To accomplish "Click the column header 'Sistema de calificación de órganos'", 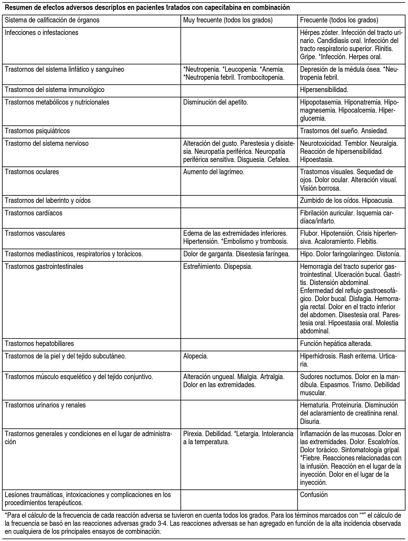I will [x=52, y=20].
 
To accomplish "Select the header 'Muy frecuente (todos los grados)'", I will [x=228, y=20].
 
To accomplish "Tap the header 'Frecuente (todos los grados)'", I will [x=339, y=20].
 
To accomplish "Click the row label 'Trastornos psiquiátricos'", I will [x=37, y=131].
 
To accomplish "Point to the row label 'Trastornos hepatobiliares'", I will [x=39, y=344].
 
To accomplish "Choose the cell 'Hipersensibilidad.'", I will [x=324, y=90].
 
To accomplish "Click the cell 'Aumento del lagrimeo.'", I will [x=214, y=172].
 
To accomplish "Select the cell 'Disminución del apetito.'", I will [x=216, y=102].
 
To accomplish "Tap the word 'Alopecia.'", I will [x=196, y=356].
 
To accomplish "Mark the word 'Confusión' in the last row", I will [x=314, y=495].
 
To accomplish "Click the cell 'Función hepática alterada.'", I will [x=336, y=344].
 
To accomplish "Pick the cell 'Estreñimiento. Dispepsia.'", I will [x=218, y=266].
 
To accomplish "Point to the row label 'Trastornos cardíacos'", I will [x=33, y=213].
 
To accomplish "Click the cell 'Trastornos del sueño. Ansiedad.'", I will [x=344, y=131].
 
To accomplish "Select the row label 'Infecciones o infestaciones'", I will [x=42, y=33].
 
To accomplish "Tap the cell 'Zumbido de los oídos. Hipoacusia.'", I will [x=347, y=200].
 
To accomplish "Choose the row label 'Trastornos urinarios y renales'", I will [x=45, y=405].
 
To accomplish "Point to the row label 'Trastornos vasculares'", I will [x=35, y=233].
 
